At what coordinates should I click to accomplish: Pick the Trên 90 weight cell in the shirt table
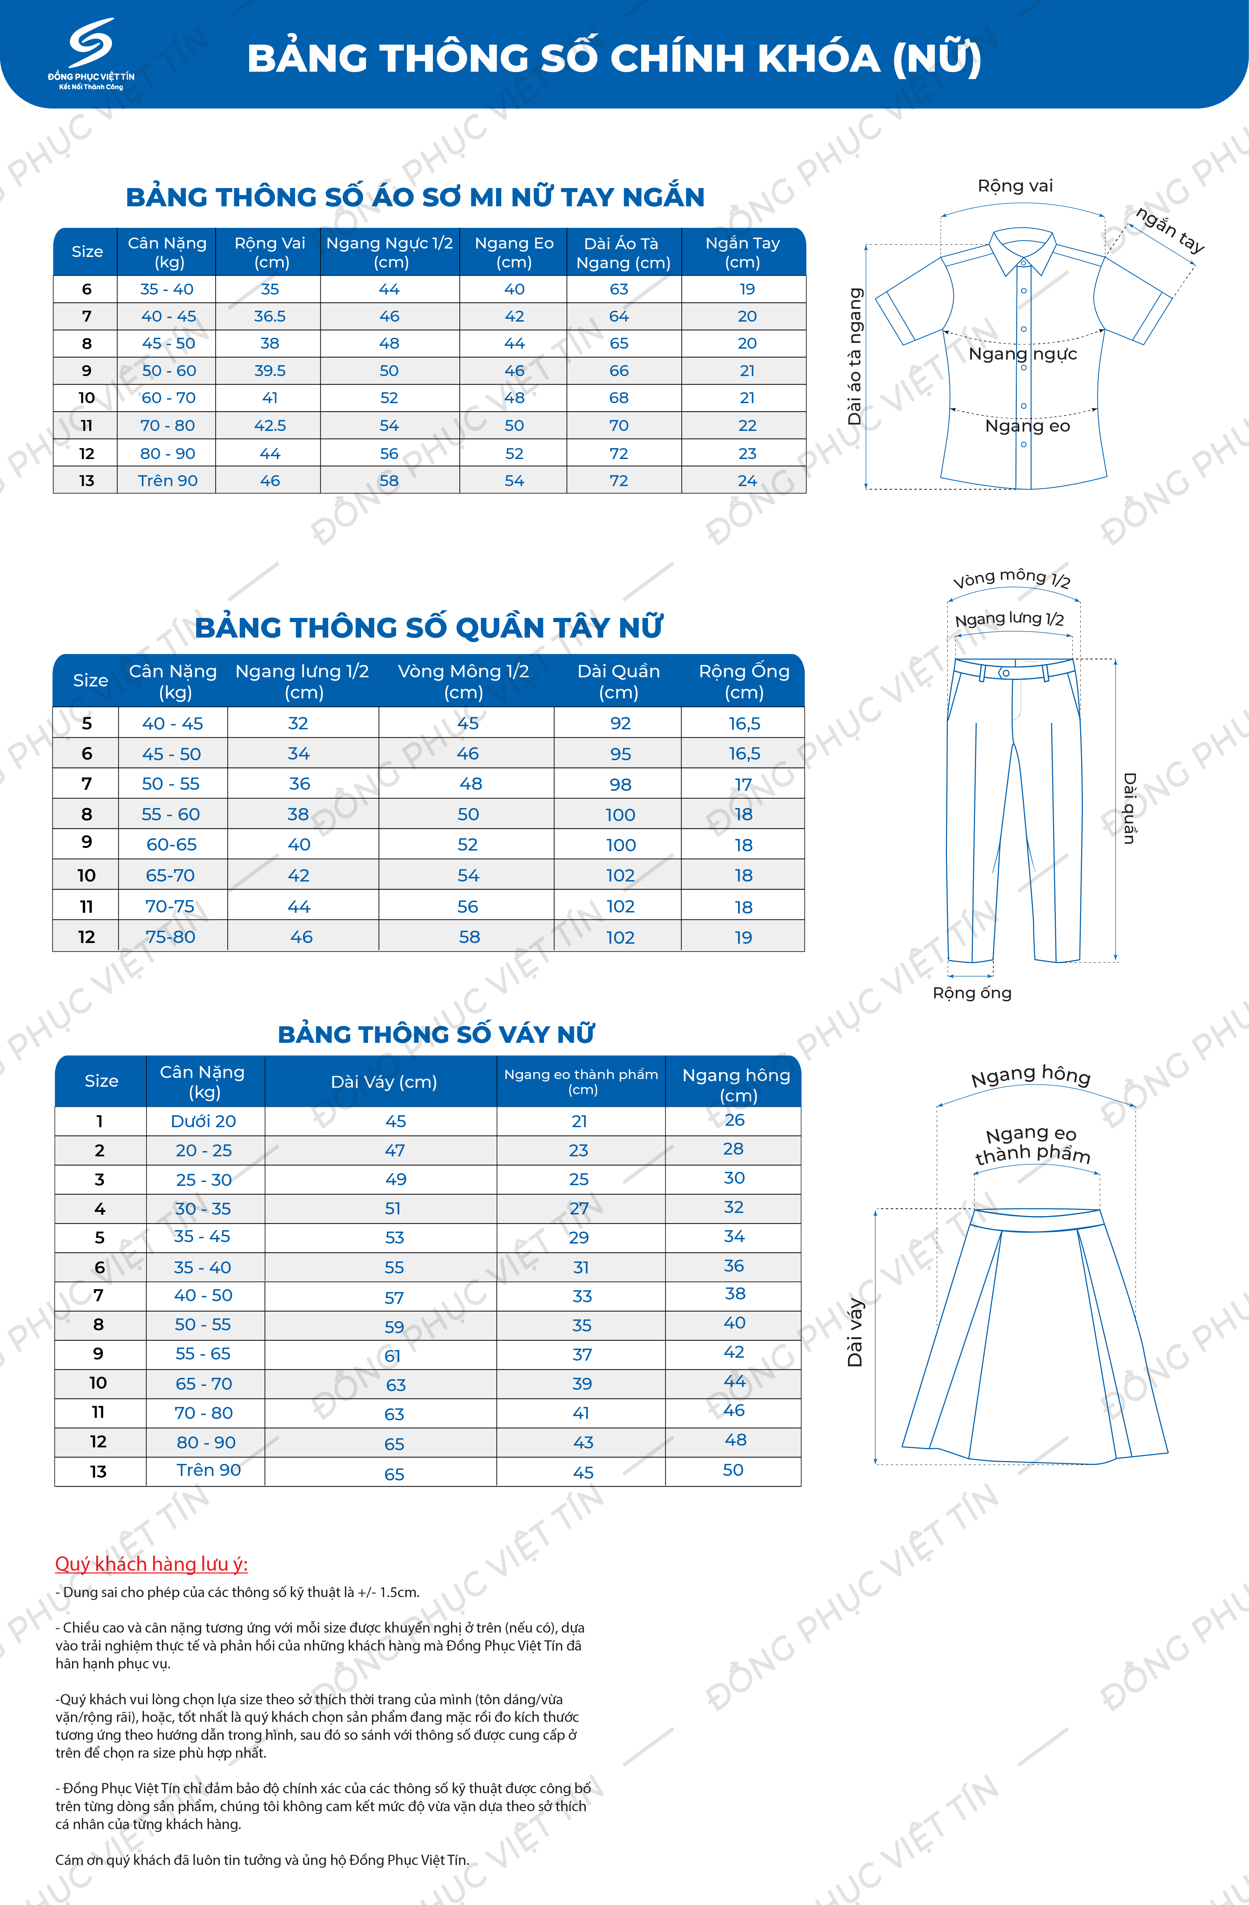coord(167,480)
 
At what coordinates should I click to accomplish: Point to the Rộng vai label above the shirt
coord(1015,186)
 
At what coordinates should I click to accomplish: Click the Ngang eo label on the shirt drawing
coord(1027,426)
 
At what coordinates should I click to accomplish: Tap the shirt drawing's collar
coord(1022,248)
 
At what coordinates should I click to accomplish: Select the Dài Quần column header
coord(619,681)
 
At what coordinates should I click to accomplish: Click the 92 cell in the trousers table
coord(620,724)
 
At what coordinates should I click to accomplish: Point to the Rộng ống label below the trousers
coord(972,993)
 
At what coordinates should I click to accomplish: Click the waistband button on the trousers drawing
coord(1005,673)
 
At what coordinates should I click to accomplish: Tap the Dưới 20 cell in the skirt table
coord(203,1122)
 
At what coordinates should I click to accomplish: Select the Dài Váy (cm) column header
coord(383,1082)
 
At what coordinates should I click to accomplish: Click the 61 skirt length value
coord(392,1356)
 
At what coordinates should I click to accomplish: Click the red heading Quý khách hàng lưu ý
coord(151,1564)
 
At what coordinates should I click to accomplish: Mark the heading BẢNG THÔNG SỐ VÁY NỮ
coord(436,1034)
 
